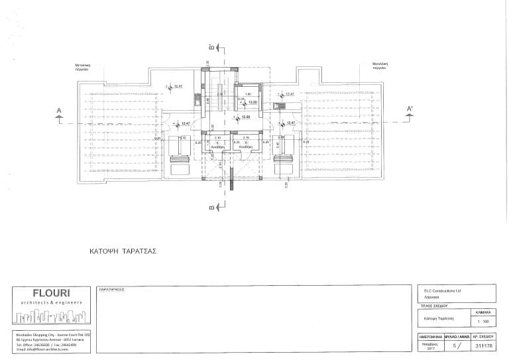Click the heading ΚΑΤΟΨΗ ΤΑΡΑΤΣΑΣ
(122, 253)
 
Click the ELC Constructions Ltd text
(441, 290)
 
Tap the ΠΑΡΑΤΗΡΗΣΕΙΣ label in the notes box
(111, 290)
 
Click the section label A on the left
(59, 110)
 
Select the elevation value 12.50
(245, 117)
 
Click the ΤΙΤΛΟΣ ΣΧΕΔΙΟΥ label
(430, 307)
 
